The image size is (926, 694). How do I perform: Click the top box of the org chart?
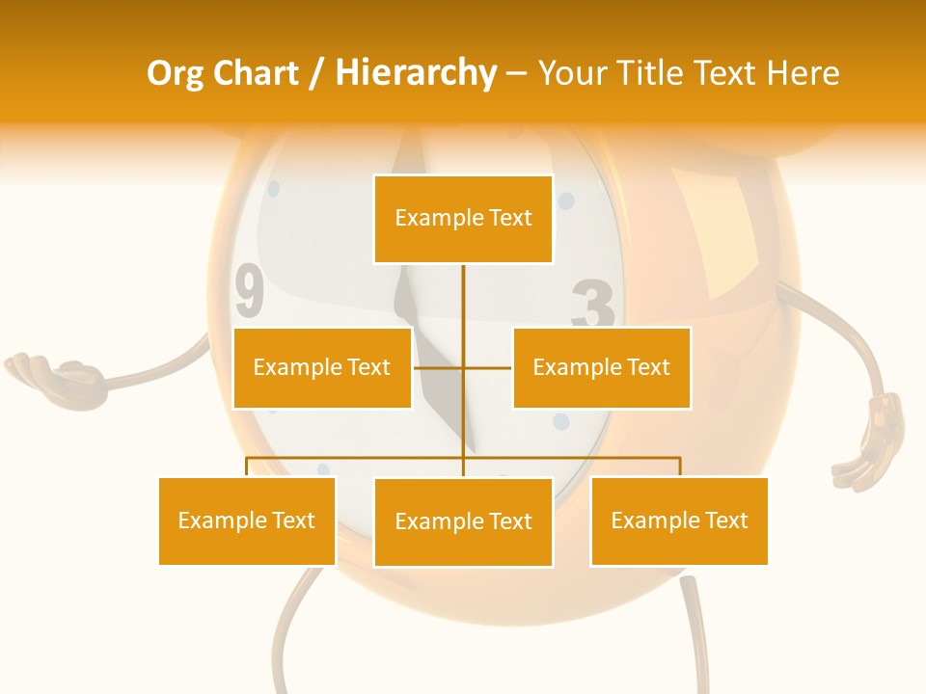point(463,219)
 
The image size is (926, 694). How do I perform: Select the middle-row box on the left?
point(322,367)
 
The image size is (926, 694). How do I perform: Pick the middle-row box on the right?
point(601,367)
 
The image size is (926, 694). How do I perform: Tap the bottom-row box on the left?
point(247,520)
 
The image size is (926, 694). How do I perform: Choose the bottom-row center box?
point(463,521)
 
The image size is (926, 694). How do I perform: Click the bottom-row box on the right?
point(679,520)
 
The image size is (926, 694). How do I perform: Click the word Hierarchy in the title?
point(416,73)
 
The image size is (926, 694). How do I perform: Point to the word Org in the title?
point(175,73)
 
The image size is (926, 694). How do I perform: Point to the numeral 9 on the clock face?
point(249,292)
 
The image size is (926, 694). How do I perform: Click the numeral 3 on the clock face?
point(592,307)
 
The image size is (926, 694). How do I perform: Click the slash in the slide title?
point(316,73)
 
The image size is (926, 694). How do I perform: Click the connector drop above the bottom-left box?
point(247,467)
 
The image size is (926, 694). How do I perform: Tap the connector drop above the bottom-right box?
point(679,467)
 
